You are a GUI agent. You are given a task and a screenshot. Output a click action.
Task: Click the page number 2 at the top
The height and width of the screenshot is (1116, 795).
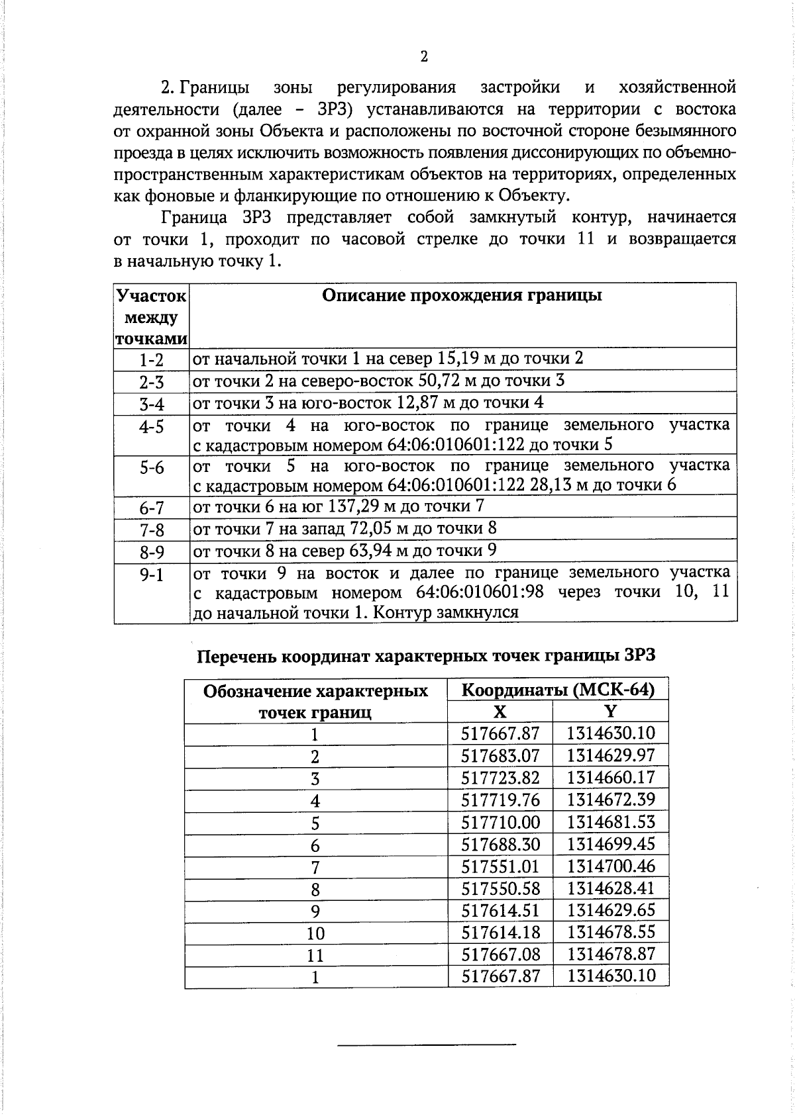pos(424,56)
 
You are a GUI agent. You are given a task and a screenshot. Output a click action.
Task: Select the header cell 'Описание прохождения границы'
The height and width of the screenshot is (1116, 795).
pos(462,295)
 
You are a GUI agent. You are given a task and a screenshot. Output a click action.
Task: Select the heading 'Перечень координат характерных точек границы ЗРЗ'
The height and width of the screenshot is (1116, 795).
pos(426,655)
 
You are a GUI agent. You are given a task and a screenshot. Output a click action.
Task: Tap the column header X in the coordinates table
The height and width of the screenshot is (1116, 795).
pos(500,712)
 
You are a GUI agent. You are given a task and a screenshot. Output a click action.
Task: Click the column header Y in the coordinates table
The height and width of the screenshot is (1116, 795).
pos(611,712)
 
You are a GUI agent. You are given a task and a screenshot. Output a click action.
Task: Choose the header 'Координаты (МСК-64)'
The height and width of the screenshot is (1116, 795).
pos(558,690)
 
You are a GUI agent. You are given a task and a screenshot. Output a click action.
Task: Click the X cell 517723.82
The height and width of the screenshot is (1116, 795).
pos(500,778)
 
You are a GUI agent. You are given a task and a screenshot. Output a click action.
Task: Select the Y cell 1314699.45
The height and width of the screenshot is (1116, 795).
pos(611,844)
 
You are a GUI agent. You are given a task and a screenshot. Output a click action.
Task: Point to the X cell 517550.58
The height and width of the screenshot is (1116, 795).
pos(500,888)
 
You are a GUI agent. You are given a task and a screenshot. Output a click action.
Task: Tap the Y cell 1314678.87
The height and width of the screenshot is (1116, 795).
pos(611,954)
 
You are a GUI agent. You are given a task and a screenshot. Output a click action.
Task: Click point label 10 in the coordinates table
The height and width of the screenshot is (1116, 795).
pos(315,933)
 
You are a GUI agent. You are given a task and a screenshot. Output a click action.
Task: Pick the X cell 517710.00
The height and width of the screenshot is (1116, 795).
pos(500,822)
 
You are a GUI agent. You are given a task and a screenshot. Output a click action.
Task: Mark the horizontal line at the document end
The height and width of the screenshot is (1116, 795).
pos(426,1045)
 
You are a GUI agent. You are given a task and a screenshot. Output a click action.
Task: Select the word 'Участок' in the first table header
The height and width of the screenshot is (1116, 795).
pos(151,296)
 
